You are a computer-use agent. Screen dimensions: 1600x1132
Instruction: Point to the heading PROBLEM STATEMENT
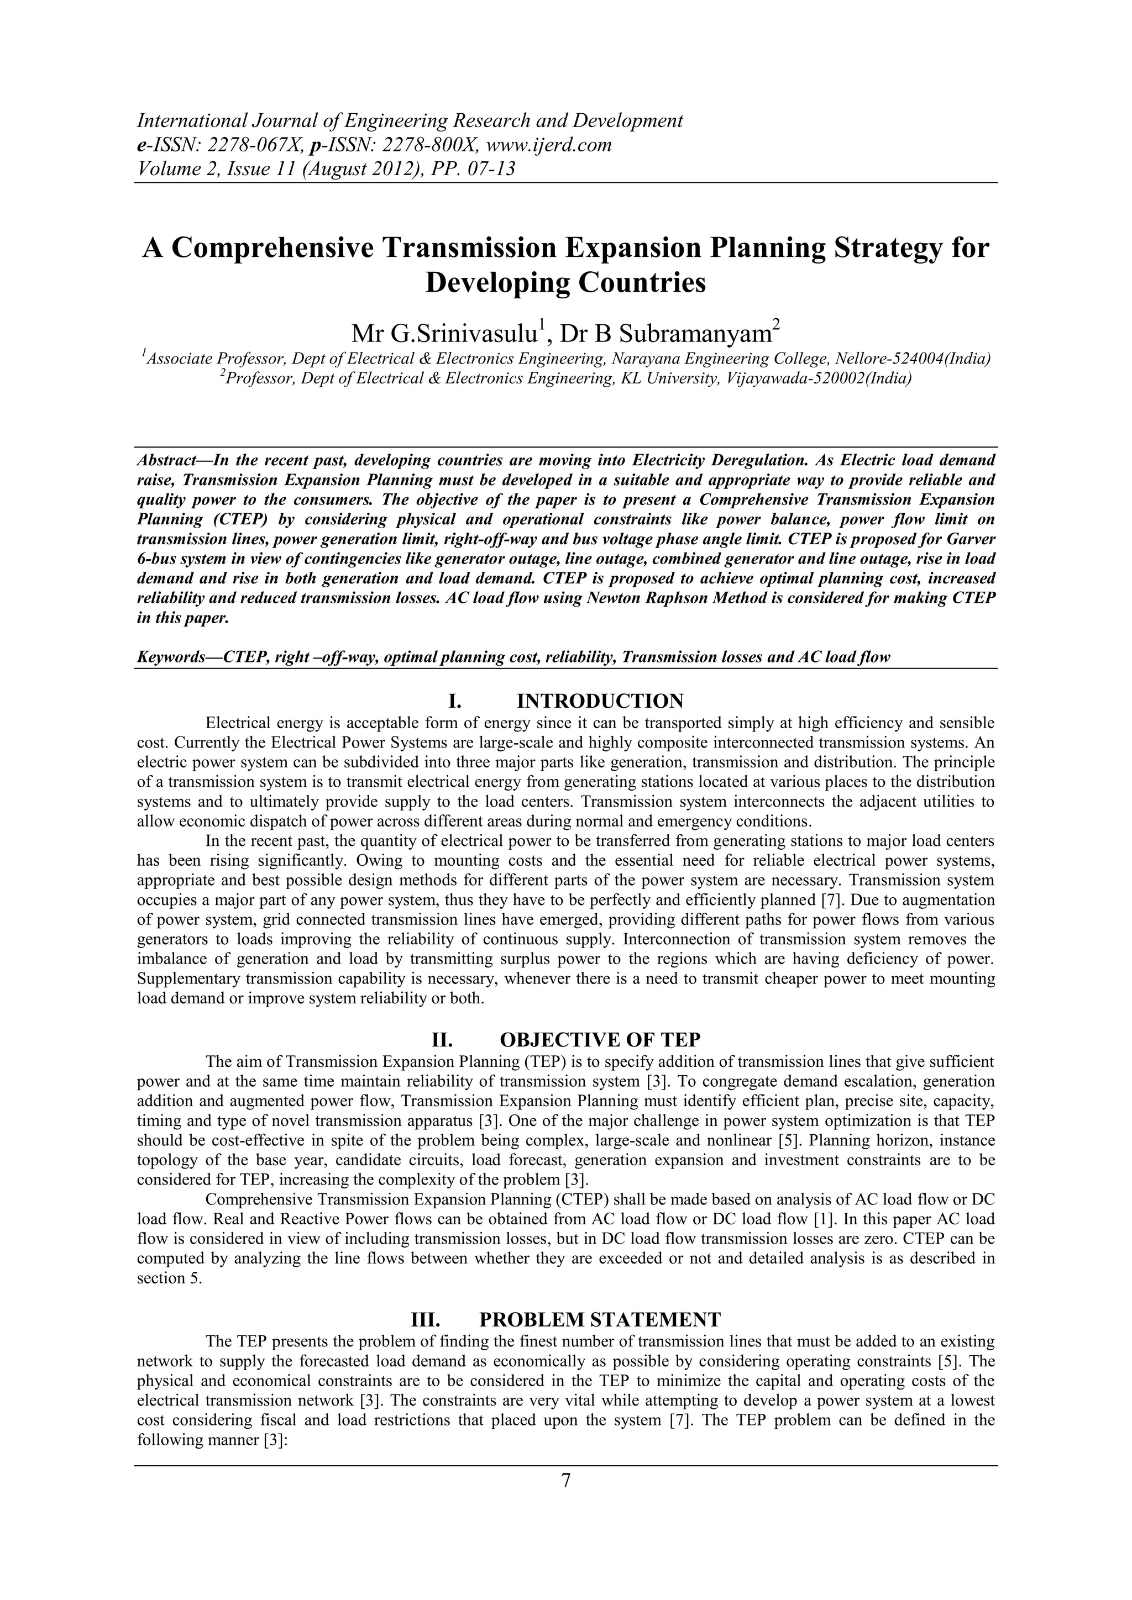600,1320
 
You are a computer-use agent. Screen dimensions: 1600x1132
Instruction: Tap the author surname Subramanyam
695,334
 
